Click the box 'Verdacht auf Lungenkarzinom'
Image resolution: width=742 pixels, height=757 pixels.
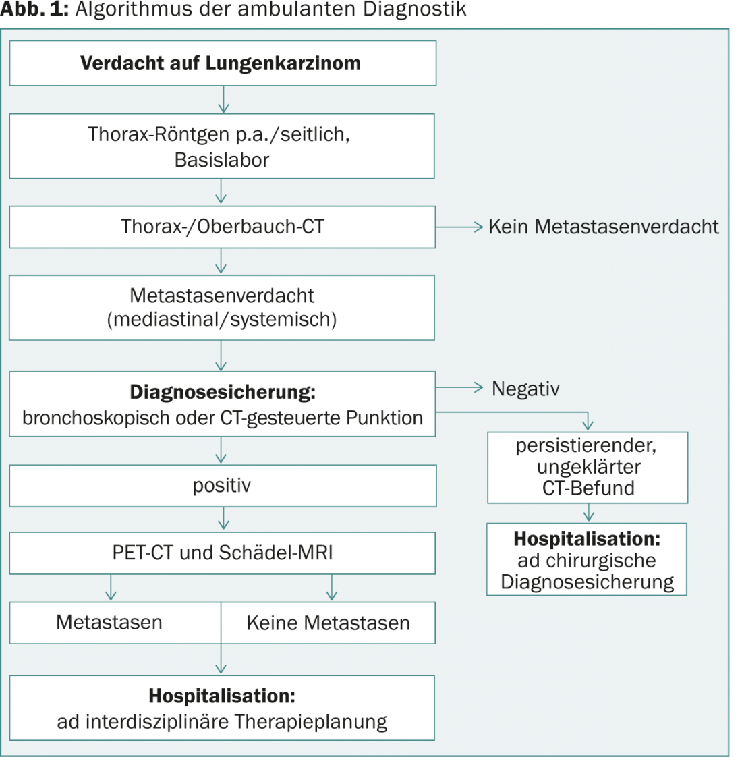pyautogui.click(x=223, y=63)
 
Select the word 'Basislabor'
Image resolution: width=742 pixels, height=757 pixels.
pyautogui.click(x=221, y=160)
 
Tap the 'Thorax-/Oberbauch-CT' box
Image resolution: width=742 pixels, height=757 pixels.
pyautogui.click(x=222, y=227)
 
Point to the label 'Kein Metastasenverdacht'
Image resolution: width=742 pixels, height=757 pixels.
pyautogui.click(x=604, y=227)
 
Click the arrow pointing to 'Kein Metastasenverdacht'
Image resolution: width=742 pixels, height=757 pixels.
pyautogui.click(x=459, y=227)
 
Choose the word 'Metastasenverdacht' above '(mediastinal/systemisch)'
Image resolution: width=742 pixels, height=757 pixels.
pyautogui.click(x=222, y=296)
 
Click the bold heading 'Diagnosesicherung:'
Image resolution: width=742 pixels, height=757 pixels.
pyautogui.click(x=223, y=392)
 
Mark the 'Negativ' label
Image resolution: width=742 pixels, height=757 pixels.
pyautogui.click(x=525, y=389)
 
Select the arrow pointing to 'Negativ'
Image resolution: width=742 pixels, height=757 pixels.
pyautogui.click(x=459, y=387)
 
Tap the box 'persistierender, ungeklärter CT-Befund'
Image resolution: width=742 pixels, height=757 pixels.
pyautogui.click(x=588, y=468)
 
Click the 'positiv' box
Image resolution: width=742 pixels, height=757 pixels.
pyautogui.click(x=223, y=486)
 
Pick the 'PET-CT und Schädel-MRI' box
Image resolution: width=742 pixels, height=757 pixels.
pyautogui.click(x=222, y=553)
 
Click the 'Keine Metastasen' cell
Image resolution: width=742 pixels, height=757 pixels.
pyautogui.click(x=329, y=623)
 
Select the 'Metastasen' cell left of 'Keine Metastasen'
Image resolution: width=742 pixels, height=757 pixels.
pyautogui.click(x=115, y=623)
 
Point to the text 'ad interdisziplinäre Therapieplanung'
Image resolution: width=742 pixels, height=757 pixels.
pyautogui.click(x=222, y=722)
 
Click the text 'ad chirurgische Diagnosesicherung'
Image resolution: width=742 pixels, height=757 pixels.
pyautogui.click(x=587, y=571)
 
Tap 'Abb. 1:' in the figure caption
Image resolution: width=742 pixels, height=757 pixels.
pyautogui.click(x=34, y=9)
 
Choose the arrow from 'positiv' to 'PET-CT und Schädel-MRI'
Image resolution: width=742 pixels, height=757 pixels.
pyautogui.click(x=223, y=519)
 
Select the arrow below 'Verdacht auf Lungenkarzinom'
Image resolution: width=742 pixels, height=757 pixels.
pyautogui.click(x=223, y=99)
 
